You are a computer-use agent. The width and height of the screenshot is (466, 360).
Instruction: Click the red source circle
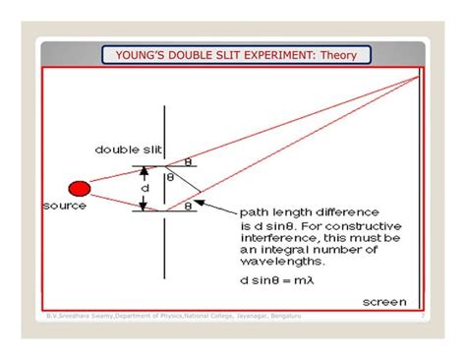[x=79, y=187]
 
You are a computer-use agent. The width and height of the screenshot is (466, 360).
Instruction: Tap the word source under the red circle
[x=65, y=206]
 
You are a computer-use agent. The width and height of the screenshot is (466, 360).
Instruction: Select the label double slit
[x=123, y=150]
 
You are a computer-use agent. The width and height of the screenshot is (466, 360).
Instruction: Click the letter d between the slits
[x=145, y=187]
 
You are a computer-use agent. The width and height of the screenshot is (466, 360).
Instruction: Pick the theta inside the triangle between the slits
[x=170, y=178]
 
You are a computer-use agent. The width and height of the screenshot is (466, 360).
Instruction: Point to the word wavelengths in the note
[x=274, y=261]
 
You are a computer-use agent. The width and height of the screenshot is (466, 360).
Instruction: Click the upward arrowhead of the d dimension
[x=145, y=170]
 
